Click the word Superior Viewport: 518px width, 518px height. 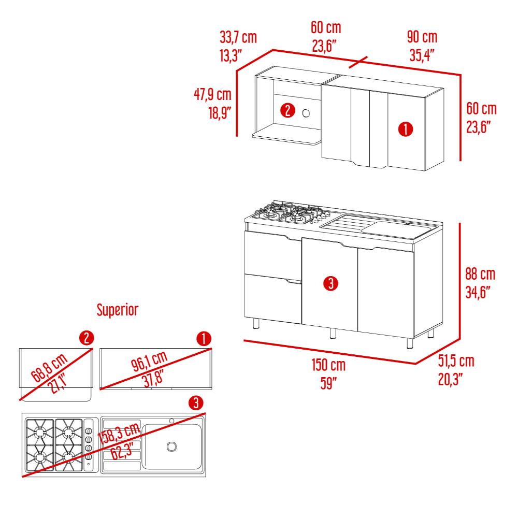point(117,310)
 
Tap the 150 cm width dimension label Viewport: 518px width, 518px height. point(329,365)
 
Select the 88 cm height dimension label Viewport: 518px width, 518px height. point(480,274)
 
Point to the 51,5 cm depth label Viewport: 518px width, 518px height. point(456,361)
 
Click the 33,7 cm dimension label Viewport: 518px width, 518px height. point(238,37)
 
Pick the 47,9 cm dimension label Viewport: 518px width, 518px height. point(212,94)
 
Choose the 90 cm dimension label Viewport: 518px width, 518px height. point(422,37)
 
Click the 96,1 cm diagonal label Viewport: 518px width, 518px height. point(149,361)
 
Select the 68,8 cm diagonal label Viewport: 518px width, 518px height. point(49,367)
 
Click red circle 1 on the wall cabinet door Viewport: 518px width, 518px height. point(406,129)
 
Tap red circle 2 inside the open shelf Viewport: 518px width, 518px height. point(287,110)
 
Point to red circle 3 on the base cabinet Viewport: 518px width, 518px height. point(330,283)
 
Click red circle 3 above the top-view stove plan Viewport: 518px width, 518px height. point(196,403)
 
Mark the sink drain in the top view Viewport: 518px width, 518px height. point(171,447)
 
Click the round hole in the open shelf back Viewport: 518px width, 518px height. point(306,113)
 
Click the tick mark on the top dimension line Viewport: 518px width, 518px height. point(358,62)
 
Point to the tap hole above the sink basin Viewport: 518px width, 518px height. point(172,421)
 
